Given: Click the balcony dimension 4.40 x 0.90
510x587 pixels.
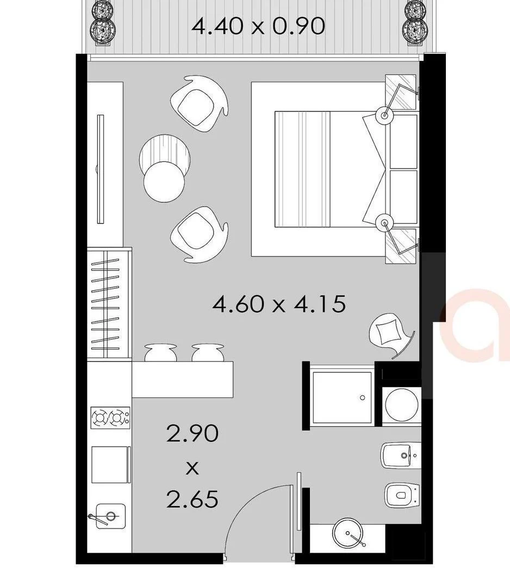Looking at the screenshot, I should coord(258,26).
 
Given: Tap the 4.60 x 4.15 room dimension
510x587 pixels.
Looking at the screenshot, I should coord(279,304).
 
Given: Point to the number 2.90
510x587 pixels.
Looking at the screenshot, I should coord(192,434).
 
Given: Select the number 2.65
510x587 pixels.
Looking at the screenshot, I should coord(192,498).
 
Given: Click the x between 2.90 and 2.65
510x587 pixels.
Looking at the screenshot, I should coord(192,467).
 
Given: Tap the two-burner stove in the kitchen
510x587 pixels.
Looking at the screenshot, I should coord(110,418).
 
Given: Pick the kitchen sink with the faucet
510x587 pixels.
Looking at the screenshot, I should coord(110,516).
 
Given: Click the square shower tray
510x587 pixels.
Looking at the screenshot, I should coord(343,397).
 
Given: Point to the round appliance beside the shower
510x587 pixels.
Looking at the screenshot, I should coord(401,405).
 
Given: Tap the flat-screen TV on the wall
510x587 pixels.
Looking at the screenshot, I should coord(100,168).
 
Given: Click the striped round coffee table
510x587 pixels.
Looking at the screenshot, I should coord(165,153).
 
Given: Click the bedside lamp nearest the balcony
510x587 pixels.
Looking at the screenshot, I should coord(385,115).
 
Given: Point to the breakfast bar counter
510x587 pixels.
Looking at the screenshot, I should coord(183,379).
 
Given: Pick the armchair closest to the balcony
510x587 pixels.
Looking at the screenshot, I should coord(198,102).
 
